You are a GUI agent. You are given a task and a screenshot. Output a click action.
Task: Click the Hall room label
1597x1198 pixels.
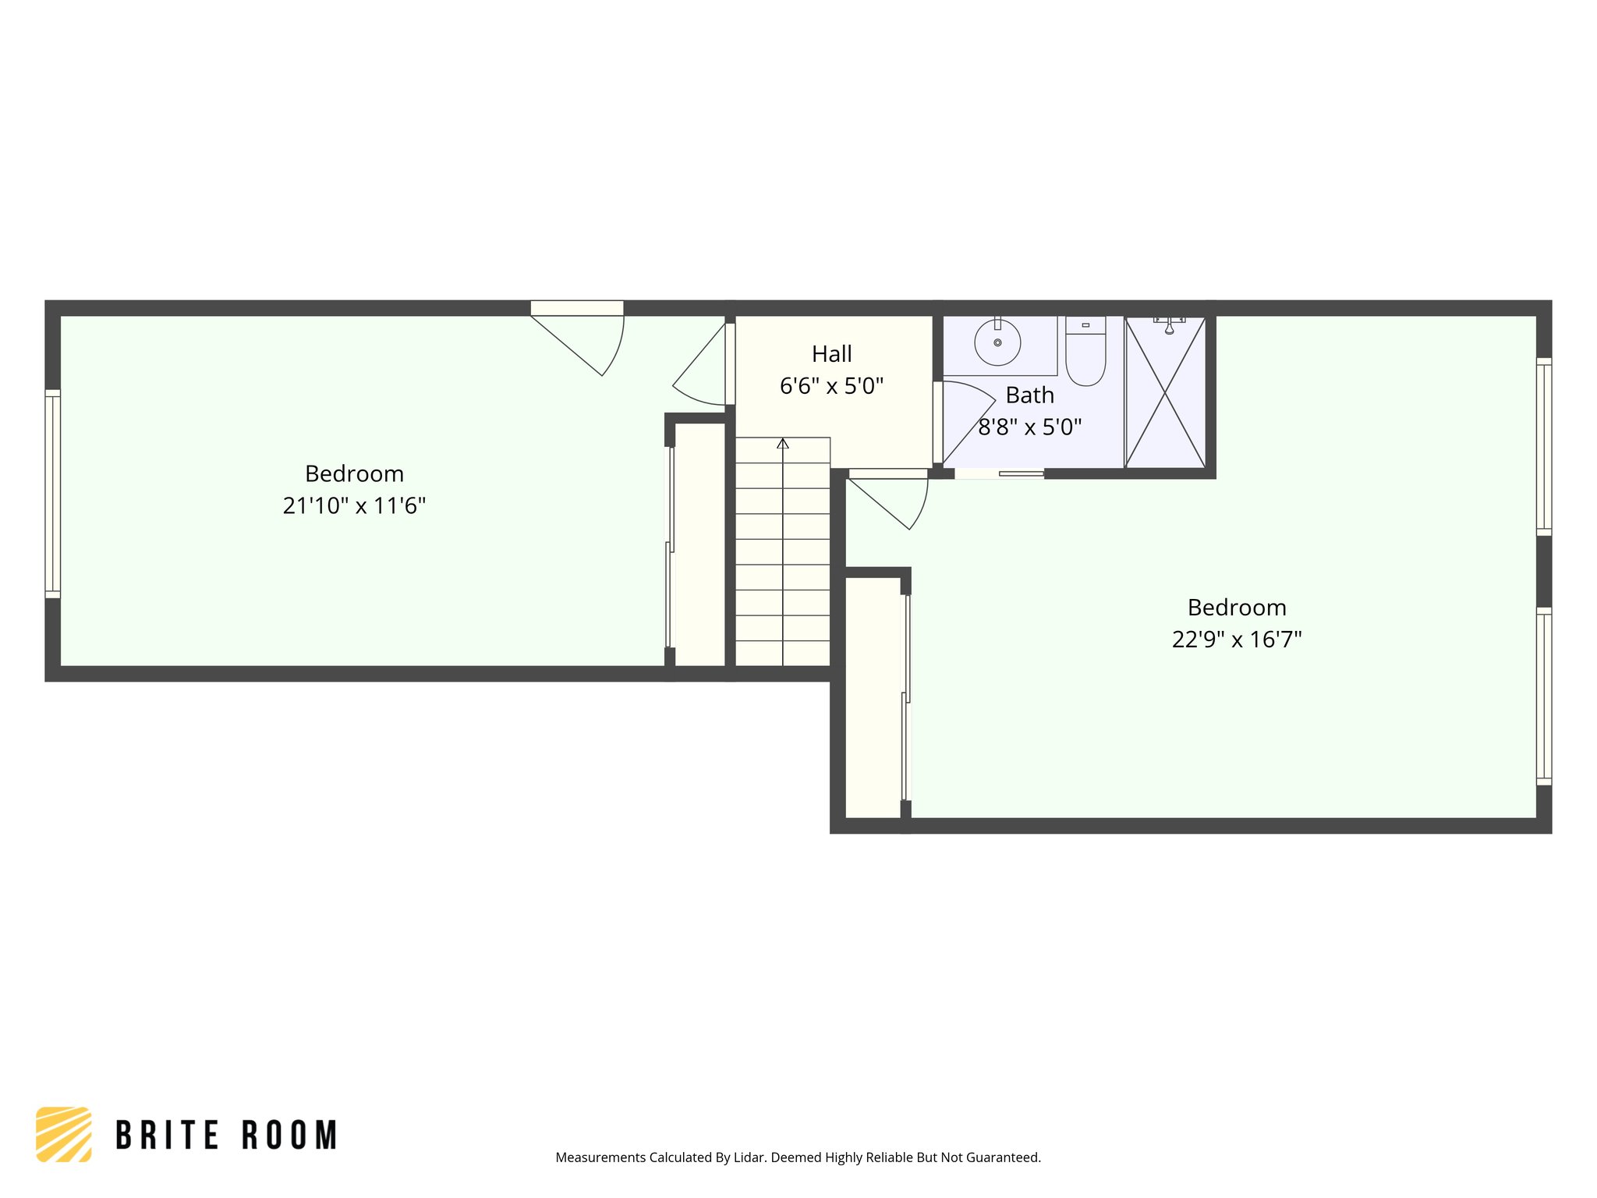(x=831, y=354)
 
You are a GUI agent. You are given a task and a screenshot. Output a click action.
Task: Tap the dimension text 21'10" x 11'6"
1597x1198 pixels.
(x=354, y=506)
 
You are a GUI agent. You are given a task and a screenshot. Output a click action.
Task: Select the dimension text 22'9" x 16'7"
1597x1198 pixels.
(x=1237, y=640)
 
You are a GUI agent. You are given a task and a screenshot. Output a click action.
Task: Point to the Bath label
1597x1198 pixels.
(x=1029, y=395)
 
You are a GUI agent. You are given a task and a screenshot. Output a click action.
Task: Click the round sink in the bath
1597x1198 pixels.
(x=997, y=342)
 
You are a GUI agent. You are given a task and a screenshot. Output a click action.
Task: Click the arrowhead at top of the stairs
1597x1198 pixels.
(x=783, y=444)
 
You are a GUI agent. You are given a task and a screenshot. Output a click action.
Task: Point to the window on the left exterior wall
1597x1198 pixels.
(x=52, y=494)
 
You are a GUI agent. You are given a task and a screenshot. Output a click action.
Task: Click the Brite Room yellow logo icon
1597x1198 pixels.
(x=64, y=1134)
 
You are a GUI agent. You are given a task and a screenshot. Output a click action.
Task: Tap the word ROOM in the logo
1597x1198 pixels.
(x=289, y=1136)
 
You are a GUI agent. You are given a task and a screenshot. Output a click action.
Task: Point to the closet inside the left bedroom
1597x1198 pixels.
(x=699, y=544)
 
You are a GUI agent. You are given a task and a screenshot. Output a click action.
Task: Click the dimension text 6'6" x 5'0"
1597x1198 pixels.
(x=831, y=386)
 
